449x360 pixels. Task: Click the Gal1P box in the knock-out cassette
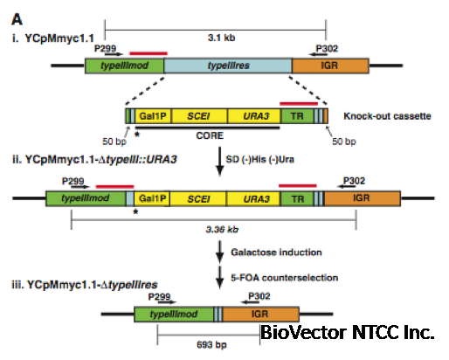(x=153, y=114)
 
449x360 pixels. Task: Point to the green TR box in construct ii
(x=298, y=199)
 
